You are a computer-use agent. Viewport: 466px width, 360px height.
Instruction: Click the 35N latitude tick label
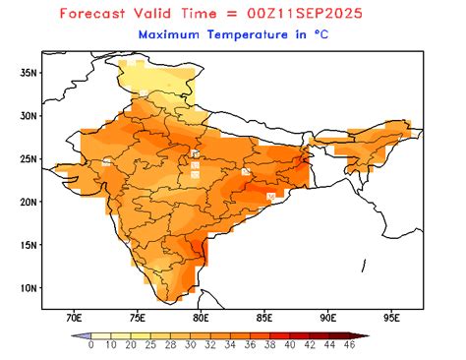pyautogui.click(x=29, y=72)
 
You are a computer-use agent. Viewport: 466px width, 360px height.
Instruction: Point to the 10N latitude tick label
pyautogui.click(x=29, y=288)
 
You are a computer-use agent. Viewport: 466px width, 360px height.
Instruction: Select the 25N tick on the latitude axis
pyautogui.click(x=29, y=158)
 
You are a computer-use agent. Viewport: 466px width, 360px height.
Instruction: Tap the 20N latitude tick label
pyautogui.click(x=29, y=202)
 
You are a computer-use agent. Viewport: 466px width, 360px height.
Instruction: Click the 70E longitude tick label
pyautogui.click(x=74, y=319)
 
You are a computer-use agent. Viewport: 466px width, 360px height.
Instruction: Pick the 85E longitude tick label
pyautogui.click(x=265, y=319)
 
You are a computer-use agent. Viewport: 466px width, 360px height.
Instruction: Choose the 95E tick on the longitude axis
pyautogui.click(x=392, y=319)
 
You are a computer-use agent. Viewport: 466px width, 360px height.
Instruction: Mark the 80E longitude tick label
pyautogui.click(x=202, y=319)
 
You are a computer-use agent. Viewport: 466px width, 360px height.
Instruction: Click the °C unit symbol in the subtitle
pyautogui.click(x=346, y=33)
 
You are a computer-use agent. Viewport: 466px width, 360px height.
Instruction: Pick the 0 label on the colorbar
pyautogui.click(x=90, y=345)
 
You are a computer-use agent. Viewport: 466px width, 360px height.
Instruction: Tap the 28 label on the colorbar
pyautogui.click(x=170, y=345)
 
